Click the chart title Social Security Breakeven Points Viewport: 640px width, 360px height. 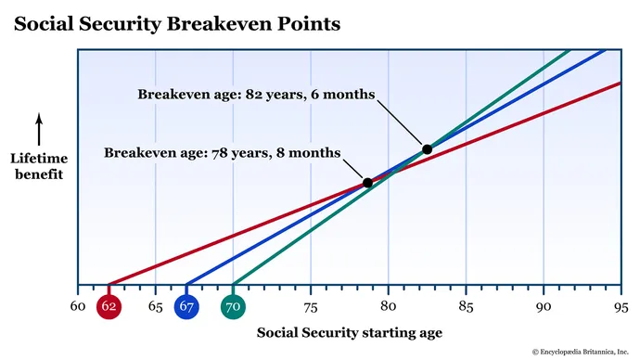[x=176, y=23]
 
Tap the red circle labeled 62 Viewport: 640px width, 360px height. [x=109, y=306]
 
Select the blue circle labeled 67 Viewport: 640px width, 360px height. [x=186, y=306]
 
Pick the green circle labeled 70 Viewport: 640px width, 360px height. [x=233, y=306]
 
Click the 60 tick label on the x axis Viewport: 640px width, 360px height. [x=78, y=306]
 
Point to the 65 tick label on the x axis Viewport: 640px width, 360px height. [x=155, y=306]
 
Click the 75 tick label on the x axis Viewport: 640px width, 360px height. [x=311, y=306]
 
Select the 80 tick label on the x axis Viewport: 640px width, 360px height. [x=388, y=306]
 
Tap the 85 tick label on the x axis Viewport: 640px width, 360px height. [x=466, y=306]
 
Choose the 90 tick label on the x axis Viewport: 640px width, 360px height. [x=544, y=306]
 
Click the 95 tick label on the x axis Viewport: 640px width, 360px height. [x=621, y=306]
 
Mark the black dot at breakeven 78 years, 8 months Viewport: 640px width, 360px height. [x=367, y=183]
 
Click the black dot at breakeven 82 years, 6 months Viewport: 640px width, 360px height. [x=427, y=148]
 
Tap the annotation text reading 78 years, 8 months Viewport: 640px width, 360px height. [x=223, y=151]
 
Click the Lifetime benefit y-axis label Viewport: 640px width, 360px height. [x=39, y=166]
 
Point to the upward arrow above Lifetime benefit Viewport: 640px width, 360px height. [x=39, y=128]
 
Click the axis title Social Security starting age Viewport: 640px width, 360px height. [x=349, y=332]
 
